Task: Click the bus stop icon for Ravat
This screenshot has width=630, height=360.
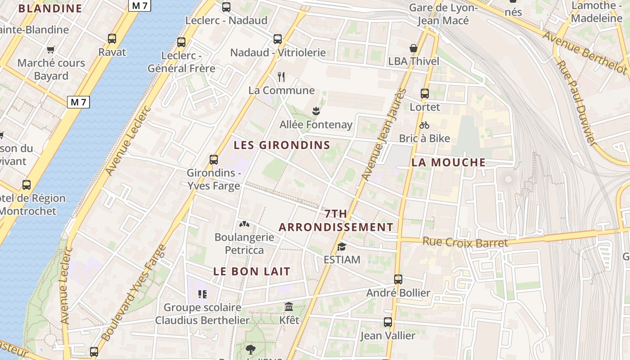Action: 112,39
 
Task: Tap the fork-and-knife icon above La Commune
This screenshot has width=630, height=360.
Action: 282,77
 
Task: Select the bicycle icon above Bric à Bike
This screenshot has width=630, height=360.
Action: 424,125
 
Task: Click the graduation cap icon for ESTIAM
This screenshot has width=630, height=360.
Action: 342,247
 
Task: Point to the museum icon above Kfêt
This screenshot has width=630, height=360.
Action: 289,307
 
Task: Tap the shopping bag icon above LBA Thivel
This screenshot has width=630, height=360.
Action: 414,48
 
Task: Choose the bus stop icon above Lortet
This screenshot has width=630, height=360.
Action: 425,94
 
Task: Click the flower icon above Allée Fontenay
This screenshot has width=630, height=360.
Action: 316,110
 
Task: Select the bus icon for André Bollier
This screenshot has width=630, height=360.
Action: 398,279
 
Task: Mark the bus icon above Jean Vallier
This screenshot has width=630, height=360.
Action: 388,322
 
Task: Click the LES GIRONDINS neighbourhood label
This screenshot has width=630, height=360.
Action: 282,145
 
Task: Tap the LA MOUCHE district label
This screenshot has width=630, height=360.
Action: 449,162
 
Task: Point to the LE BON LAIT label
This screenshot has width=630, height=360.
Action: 252,271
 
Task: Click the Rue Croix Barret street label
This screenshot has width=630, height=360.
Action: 465,242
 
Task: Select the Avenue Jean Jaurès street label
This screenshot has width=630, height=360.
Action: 383,135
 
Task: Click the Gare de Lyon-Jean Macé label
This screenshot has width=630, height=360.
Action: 443,14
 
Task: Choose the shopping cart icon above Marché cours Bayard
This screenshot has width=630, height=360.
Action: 50,49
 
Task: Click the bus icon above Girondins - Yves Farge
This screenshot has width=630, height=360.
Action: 214,160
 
